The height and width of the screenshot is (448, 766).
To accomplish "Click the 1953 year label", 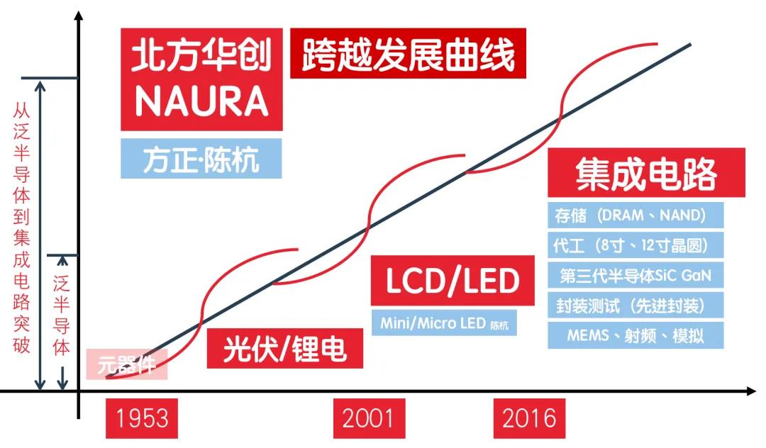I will point(142,418).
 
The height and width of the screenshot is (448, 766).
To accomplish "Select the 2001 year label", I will point(369,418).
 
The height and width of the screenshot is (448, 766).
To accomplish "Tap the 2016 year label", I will point(529,418).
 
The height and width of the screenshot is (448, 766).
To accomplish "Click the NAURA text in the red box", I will point(201,101).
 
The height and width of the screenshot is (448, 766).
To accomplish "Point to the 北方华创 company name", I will point(201,56).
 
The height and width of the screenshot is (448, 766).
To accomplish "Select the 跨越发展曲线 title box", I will point(408,55).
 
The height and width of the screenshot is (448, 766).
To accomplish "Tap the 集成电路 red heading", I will point(646,173).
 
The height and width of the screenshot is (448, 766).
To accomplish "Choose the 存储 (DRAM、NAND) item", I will point(635,215).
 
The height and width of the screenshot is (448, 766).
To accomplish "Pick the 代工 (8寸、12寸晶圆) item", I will point(635,245).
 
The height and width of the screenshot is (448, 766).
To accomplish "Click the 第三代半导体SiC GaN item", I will point(635,274).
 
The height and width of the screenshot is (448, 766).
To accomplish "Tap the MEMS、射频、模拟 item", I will point(635,335).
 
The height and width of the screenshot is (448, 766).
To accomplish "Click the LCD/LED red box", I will point(452,281).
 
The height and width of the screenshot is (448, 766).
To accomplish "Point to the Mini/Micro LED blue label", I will point(444,323).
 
